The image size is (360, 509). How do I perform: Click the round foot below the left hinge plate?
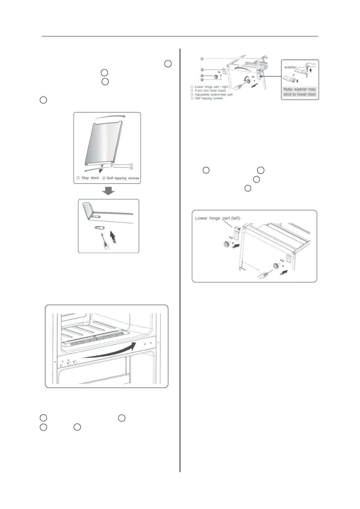[227, 245]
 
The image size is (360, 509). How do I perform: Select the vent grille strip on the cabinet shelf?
[94, 341]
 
